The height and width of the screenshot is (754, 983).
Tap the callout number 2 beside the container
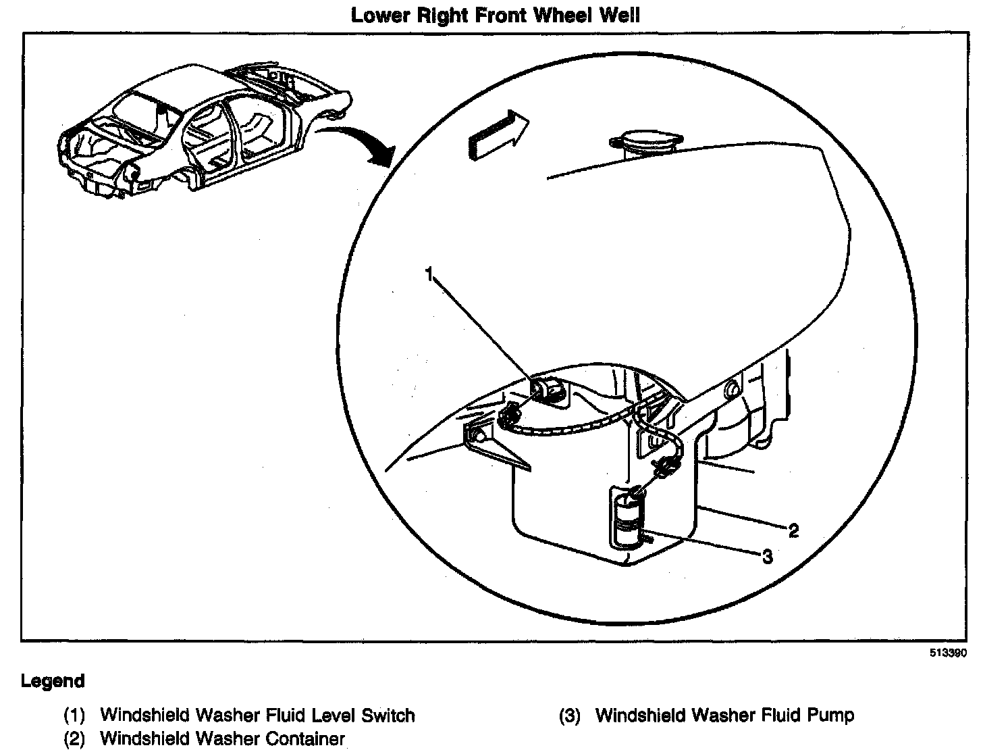[794, 530]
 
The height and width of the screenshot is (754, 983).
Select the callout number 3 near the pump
[767, 556]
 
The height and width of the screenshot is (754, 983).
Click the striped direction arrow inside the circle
[497, 135]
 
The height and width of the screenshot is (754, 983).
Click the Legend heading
[53, 680]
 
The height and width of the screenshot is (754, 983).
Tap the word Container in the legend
[305, 738]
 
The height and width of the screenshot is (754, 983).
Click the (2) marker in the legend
[74, 739]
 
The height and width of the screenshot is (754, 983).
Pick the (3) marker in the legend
[570, 715]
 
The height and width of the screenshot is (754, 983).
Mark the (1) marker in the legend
[74, 715]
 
